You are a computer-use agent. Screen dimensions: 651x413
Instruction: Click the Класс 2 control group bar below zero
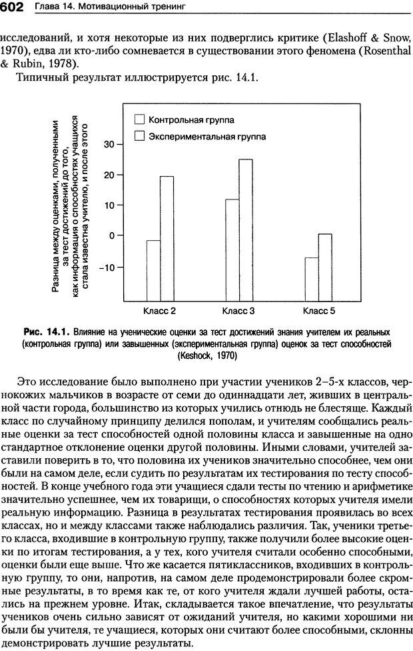153,270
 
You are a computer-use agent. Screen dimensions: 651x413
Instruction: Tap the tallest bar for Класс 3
246,230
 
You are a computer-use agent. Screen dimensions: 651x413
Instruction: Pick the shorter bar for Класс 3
232,250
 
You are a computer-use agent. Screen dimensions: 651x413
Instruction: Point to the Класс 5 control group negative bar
312,279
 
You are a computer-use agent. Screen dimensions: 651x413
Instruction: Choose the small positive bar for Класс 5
325,267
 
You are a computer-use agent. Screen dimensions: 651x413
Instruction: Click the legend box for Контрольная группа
140,120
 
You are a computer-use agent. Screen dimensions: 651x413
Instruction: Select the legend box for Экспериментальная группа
140,136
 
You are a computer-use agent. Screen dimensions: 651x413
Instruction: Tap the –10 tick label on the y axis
107,267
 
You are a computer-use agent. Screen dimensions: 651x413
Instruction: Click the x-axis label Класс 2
159,311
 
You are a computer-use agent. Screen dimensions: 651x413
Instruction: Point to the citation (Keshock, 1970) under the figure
206,356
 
